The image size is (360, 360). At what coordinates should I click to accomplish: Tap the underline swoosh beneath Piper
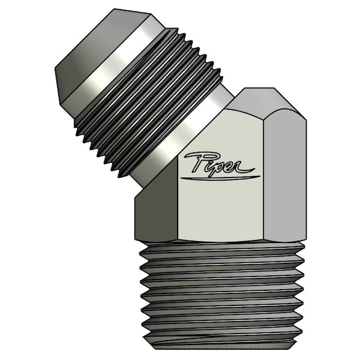221,178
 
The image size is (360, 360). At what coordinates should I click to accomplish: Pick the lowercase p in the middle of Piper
221,167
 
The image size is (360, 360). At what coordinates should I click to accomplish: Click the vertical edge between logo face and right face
263,180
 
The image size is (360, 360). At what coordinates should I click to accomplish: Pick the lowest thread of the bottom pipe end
223,340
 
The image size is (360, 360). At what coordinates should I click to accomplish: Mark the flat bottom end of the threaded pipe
223,347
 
